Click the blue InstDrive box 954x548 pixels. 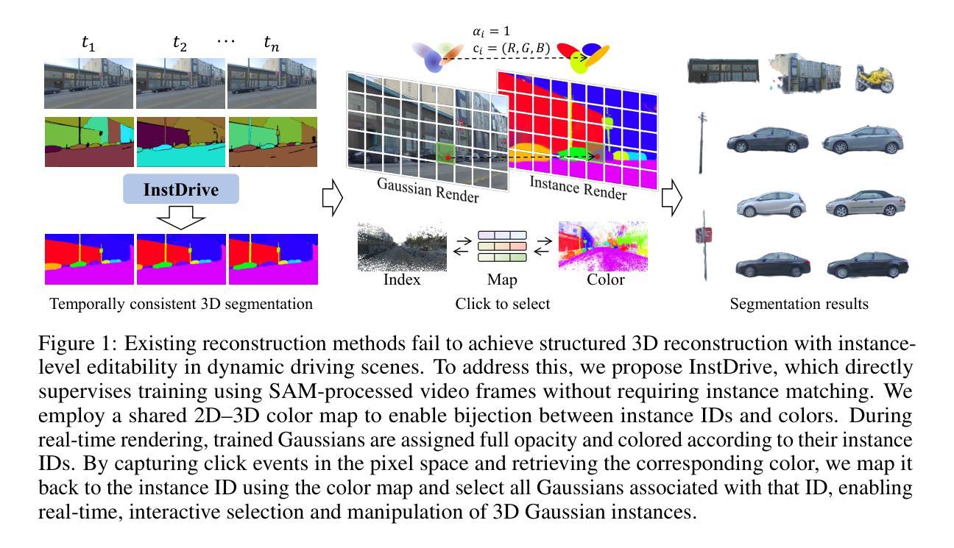180,190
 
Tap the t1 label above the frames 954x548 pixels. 88,44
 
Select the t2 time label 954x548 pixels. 180,44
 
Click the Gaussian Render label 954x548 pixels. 428,190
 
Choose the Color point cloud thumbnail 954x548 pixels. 603,247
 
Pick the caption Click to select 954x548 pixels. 502,303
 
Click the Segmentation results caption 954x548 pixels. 799,303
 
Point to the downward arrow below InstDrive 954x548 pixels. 180,217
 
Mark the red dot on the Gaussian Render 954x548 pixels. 448,157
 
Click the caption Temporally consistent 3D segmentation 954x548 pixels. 181,303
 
